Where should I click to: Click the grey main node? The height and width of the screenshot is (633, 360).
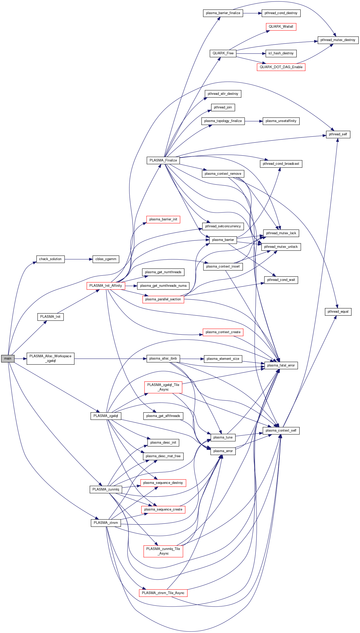[x=8, y=359]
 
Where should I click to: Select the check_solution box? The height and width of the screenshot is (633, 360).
[x=50, y=259]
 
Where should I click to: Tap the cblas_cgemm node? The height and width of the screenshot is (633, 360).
[x=106, y=259]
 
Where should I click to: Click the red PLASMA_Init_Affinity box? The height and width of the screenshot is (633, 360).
[x=106, y=286]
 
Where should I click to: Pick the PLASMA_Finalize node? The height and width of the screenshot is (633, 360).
[x=163, y=160]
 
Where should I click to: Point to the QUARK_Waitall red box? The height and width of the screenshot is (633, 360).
[x=281, y=27]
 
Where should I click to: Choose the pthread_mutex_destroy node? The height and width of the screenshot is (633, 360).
[x=338, y=40]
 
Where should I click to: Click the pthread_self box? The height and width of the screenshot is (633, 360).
[x=338, y=134]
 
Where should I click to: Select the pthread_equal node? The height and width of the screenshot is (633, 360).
[x=338, y=312]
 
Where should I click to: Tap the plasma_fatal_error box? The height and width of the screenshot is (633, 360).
[x=281, y=365]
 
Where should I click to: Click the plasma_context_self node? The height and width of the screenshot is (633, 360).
[x=281, y=431]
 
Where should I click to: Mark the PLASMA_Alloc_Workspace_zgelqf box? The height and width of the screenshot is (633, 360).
[x=50, y=359]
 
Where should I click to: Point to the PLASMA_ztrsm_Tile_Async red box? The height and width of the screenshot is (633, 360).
[x=163, y=593]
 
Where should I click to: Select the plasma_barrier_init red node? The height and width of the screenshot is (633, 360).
[x=163, y=219]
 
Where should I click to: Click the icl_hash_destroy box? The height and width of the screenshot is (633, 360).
[x=281, y=53]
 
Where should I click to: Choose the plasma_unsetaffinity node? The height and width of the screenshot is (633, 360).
[x=281, y=121]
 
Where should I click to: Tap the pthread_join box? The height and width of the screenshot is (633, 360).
[x=223, y=107]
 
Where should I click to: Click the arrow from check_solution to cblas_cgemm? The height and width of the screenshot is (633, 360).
[x=78, y=259]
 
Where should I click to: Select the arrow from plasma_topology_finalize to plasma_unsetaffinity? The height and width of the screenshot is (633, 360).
[x=254, y=121]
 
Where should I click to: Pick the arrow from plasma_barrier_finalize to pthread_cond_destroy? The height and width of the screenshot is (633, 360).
[x=252, y=13]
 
